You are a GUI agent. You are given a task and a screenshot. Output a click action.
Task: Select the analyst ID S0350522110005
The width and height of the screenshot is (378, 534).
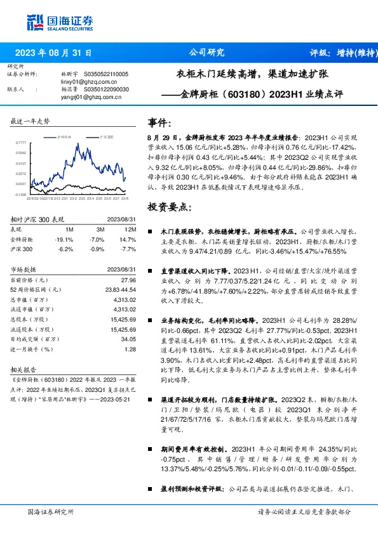pos(106,74)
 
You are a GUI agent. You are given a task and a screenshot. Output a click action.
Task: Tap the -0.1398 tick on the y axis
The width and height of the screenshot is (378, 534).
pos(20,195)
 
